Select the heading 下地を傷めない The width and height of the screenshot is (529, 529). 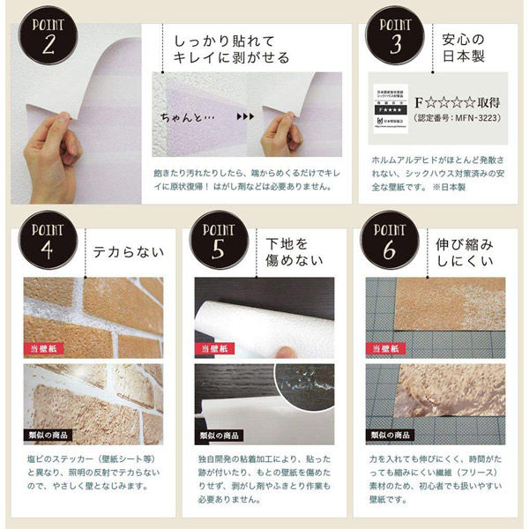291,250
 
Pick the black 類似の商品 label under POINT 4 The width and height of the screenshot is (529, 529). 48,436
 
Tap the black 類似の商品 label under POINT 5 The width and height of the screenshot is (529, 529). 221,436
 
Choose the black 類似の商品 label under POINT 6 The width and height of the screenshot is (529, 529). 393,436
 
